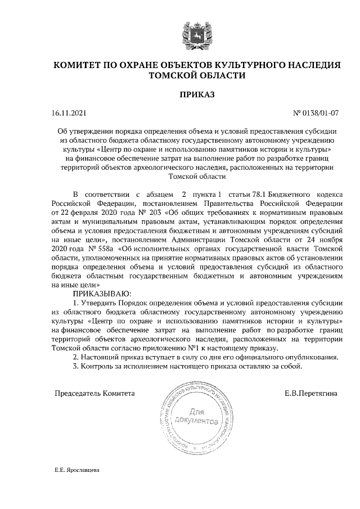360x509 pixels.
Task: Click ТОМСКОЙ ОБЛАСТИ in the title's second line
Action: tap(197, 75)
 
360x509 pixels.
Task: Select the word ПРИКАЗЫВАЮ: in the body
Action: tap(102, 294)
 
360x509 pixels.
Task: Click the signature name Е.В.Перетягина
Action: tap(311, 393)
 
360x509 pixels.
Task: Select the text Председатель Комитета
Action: tap(94, 393)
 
